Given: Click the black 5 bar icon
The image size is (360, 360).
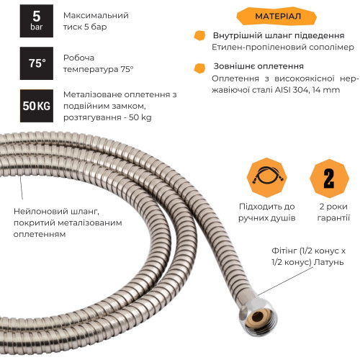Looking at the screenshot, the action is (x=37, y=21).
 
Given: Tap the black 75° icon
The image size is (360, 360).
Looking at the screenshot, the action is (x=37, y=63).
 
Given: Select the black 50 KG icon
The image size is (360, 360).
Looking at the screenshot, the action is (x=37, y=106).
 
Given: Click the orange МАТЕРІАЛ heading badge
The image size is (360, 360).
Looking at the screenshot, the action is (x=276, y=17).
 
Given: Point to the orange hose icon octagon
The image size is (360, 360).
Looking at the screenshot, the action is (x=267, y=178).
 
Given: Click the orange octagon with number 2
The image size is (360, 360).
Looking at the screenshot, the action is (x=329, y=179).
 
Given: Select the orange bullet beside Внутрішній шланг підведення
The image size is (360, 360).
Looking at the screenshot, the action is (x=199, y=35).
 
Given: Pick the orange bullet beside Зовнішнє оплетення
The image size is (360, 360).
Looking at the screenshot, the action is (x=199, y=68).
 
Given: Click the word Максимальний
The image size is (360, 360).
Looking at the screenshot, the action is (x=96, y=15).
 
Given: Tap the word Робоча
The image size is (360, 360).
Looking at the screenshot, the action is (x=78, y=58).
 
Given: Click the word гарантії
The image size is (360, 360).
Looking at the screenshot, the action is (x=333, y=217).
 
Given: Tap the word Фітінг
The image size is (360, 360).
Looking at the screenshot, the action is (x=284, y=251).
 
